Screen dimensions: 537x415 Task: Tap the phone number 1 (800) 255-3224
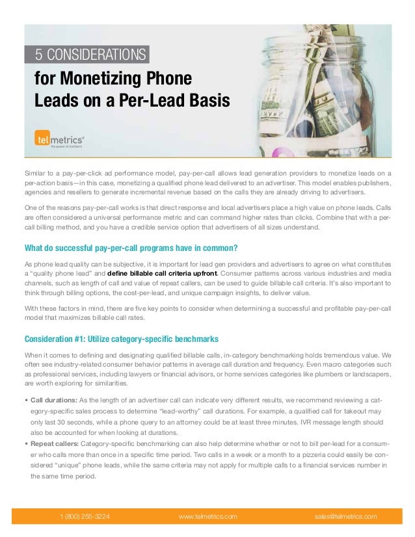(85, 517)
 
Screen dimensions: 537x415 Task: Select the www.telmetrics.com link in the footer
(207, 517)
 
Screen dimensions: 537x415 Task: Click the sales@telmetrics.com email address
(345, 517)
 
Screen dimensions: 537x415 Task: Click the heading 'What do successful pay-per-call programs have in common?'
(130, 247)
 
